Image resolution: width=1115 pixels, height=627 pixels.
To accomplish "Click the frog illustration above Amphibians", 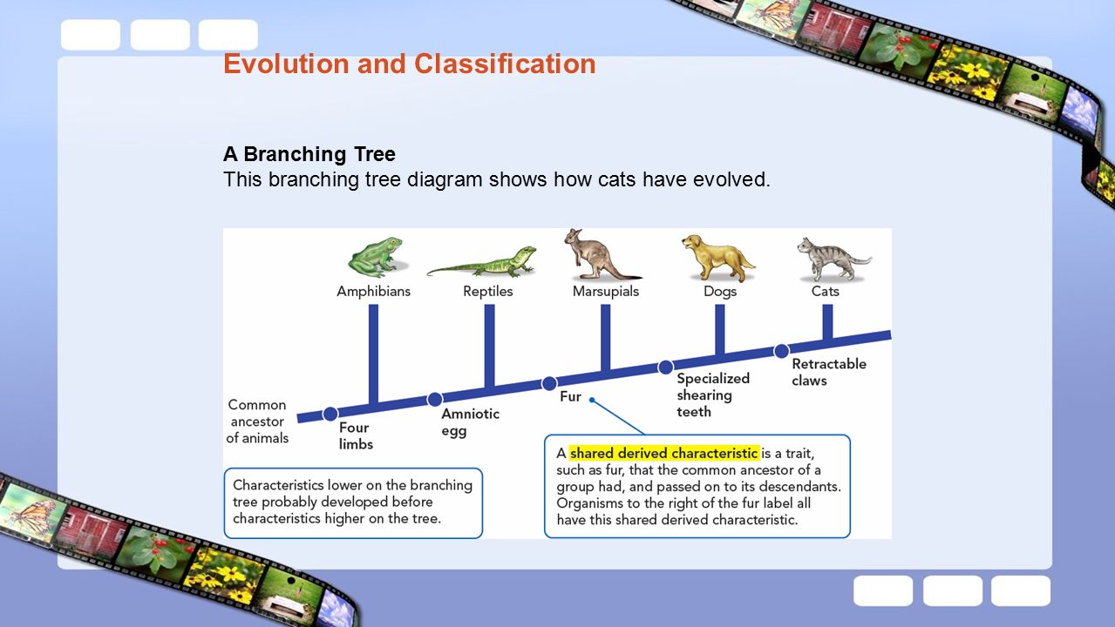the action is (x=377, y=257).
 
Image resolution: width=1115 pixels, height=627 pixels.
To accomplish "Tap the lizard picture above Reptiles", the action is (x=481, y=261).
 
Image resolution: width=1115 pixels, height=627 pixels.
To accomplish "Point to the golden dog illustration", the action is (x=717, y=258).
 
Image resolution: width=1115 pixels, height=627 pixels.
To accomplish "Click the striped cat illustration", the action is (x=833, y=259).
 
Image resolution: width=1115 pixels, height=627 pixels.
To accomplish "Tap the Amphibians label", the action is (x=373, y=292).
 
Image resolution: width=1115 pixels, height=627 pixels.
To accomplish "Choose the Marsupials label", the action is (x=605, y=292).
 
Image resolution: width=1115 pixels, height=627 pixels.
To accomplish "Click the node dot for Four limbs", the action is (x=330, y=414).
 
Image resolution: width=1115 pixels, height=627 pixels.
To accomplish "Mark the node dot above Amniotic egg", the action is (x=434, y=399).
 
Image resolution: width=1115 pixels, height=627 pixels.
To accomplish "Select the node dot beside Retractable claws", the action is (x=781, y=351).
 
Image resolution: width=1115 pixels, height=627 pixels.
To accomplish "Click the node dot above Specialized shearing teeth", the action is (x=665, y=367).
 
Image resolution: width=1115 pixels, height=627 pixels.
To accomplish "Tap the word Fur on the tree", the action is (x=570, y=396).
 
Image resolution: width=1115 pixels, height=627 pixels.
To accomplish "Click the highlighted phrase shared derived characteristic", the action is (x=664, y=453).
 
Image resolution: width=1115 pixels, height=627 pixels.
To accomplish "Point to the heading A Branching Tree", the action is (x=309, y=154).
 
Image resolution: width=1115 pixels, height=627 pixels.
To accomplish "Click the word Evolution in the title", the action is (x=286, y=64).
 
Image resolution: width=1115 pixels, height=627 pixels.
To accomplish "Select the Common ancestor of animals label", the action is (x=257, y=421).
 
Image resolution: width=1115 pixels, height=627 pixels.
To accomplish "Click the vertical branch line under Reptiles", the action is (x=489, y=347).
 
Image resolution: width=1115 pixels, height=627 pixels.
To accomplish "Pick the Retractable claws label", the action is (x=829, y=372).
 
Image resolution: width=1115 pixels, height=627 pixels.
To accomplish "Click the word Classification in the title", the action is (x=505, y=64).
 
